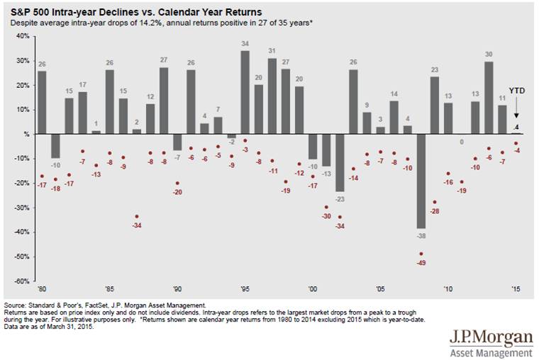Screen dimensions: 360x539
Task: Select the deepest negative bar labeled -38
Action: [421, 181]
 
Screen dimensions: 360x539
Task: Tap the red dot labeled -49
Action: [421, 254]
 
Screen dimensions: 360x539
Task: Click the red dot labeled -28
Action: [435, 202]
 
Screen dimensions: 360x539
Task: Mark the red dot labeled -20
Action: [177, 183]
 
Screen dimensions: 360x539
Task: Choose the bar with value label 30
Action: [489, 98]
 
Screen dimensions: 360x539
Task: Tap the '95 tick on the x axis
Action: [245, 290]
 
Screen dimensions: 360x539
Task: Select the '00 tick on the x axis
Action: [312, 290]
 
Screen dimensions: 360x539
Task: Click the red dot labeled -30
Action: [326, 208]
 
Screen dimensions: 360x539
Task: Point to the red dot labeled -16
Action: [448, 173]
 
